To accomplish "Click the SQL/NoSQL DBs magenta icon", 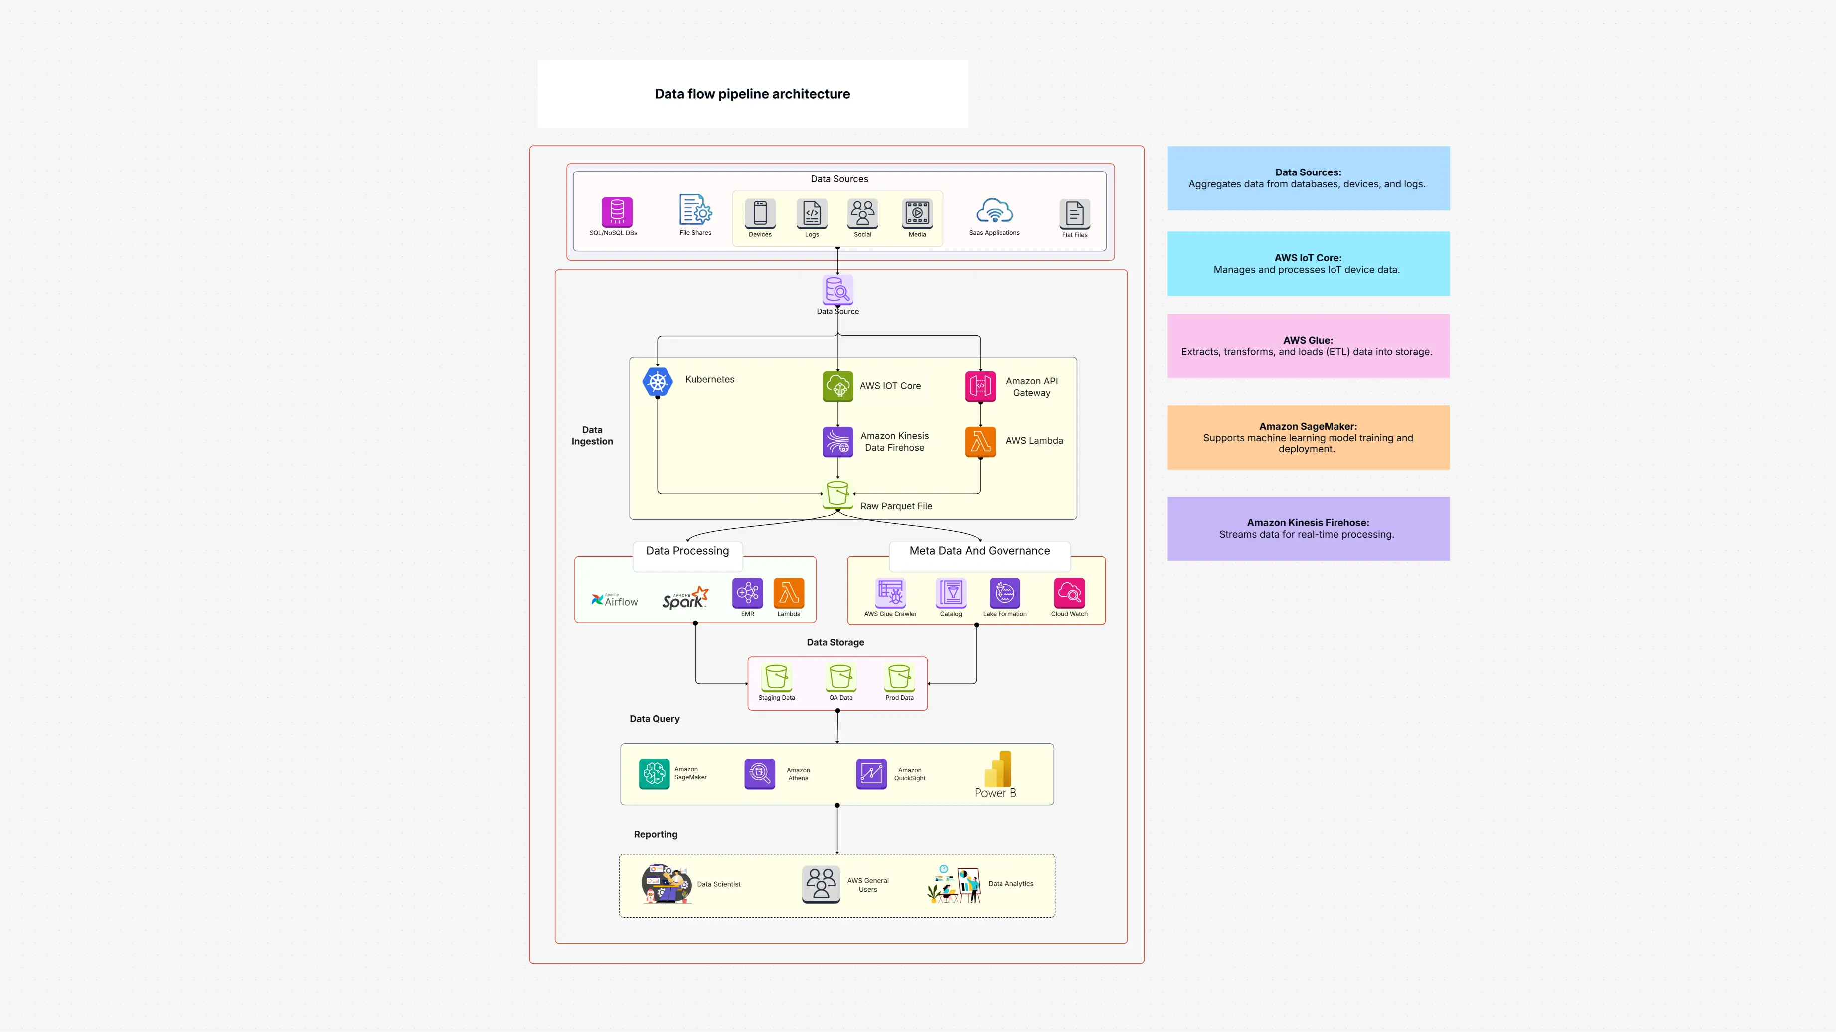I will (617, 212).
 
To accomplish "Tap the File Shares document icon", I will (695, 210).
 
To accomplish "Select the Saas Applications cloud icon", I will (994, 212).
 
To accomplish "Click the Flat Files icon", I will (1074, 213).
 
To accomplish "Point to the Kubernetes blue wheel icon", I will (657, 382).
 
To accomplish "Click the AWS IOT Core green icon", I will (837, 386).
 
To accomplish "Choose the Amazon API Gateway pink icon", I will (980, 386).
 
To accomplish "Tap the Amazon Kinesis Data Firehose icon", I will (837, 441).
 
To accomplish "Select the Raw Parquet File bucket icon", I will (837, 493).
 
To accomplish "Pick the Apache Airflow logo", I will (614, 600).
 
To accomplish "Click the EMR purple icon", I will (747, 593).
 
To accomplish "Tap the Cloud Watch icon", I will (1069, 593).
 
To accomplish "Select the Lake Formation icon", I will (1004, 593).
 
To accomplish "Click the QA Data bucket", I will (840, 677).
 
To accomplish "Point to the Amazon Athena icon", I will (760, 773).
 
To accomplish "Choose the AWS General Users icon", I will (821, 884).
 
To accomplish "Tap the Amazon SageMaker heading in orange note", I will (1308, 426).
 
